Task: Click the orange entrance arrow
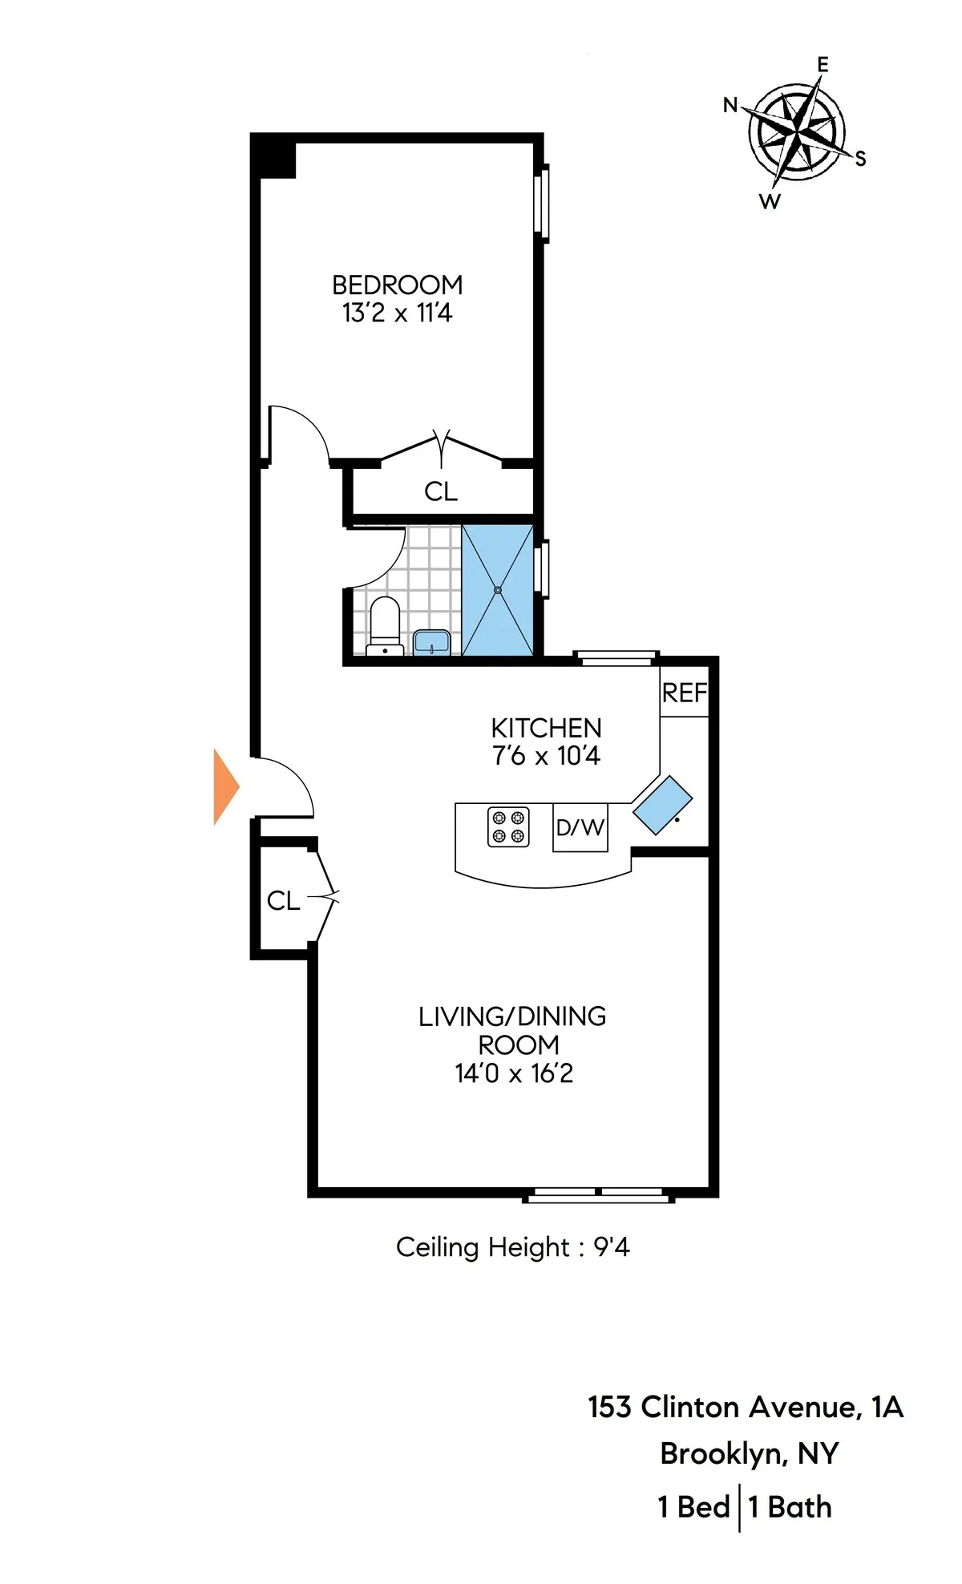[225, 786]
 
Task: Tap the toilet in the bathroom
[385, 625]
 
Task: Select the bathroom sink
[432, 642]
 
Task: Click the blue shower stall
[498, 590]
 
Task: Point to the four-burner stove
[508, 826]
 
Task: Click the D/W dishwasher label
[580, 827]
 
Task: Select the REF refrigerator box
[685, 693]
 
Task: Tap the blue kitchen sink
[662, 805]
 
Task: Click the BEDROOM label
[397, 285]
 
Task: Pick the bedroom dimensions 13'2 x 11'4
[397, 313]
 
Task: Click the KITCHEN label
[546, 728]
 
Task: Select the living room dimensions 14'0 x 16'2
[514, 1073]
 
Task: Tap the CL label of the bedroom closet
[441, 491]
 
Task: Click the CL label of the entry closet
[283, 901]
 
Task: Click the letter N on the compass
[730, 105]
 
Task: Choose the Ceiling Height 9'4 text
[512, 1247]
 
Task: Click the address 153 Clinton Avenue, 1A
[746, 1408]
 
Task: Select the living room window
[598, 1195]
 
